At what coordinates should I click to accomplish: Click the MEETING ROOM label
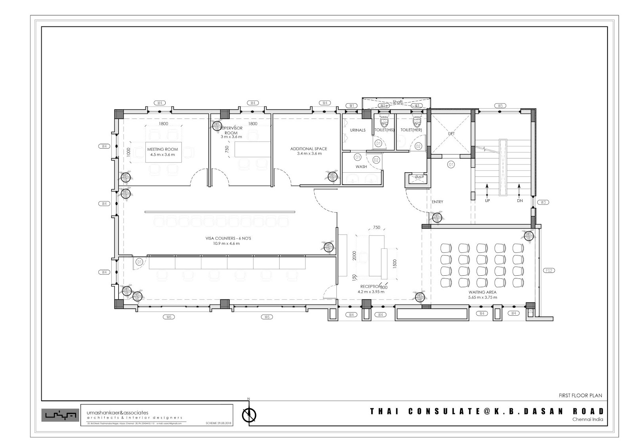pyautogui.click(x=162, y=149)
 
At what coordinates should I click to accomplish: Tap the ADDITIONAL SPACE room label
pyautogui.click(x=309, y=149)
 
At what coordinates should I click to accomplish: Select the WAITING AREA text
pyautogui.click(x=482, y=292)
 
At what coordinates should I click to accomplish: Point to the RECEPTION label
pyautogui.click(x=370, y=286)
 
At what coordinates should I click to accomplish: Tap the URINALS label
pyautogui.click(x=357, y=130)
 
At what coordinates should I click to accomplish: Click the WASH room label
pyautogui.click(x=361, y=167)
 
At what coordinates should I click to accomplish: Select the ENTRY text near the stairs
pyautogui.click(x=437, y=202)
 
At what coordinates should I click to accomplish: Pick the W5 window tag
pyautogui.click(x=500, y=106)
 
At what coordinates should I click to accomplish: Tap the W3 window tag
pyautogui.click(x=543, y=202)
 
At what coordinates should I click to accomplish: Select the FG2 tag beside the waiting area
pyautogui.click(x=549, y=271)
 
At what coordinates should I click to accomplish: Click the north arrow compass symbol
pyautogui.click(x=249, y=415)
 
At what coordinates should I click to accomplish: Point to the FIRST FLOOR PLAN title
pyautogui.click(x=580, y=395)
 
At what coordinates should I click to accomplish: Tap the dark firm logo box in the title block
pyautogui.click(x=59, y=415)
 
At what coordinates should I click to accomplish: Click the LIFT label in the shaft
pyautogui.click(x=451, y=134)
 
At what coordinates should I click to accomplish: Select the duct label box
pyautogui.click(x=418, y=177)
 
